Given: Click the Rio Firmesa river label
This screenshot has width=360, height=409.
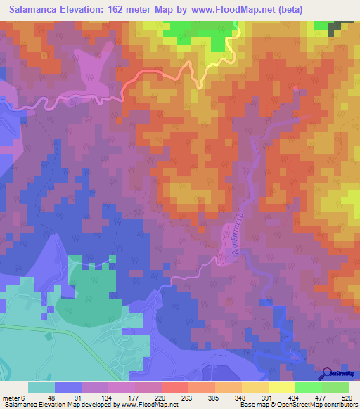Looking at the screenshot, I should (231, 241).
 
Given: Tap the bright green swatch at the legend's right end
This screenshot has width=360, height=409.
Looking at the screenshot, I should (336, 387).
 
